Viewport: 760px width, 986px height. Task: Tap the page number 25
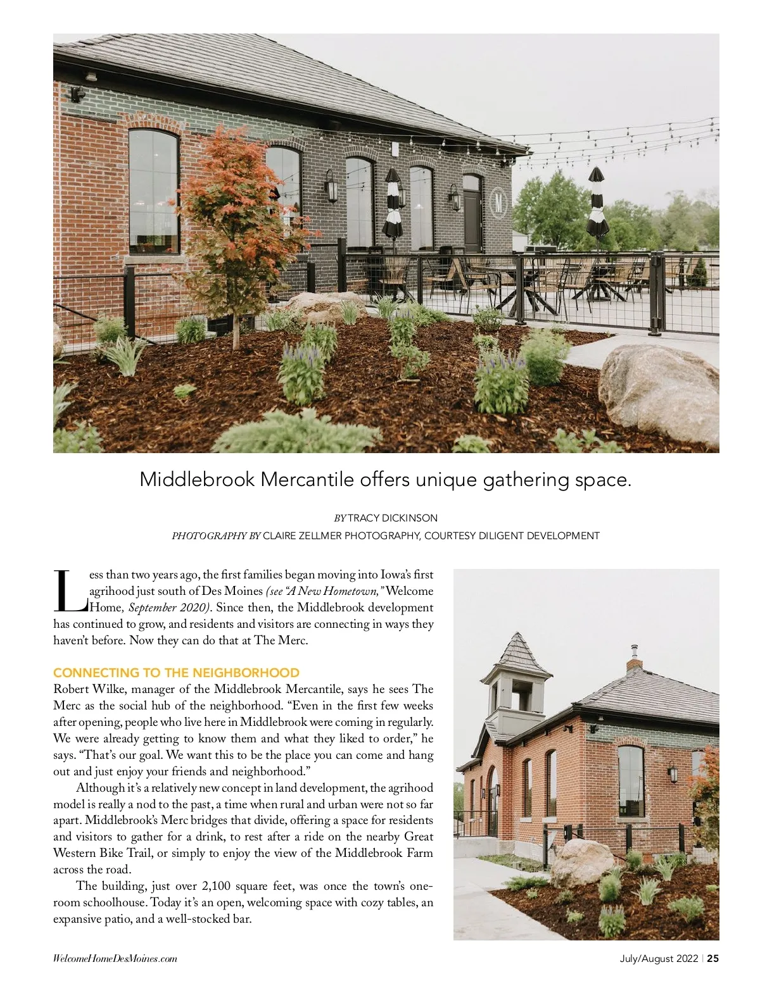point(713,958)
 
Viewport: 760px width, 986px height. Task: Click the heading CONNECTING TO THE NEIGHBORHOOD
point(176,673)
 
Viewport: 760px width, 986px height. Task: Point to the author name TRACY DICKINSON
point(393,518)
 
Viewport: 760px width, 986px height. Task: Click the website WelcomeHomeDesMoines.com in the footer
point(115,959)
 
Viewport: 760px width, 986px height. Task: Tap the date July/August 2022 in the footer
point(659,958)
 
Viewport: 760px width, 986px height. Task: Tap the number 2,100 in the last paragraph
point(222,886)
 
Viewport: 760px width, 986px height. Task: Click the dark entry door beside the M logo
point(472,215)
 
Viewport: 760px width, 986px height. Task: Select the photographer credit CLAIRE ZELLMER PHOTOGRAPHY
point(341,536)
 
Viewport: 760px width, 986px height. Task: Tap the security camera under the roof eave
point(77,94)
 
